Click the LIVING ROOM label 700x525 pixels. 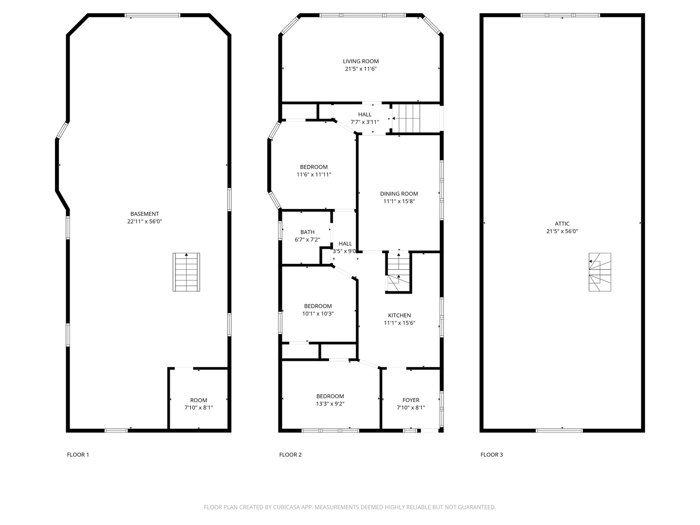361,61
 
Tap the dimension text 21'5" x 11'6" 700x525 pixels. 361,69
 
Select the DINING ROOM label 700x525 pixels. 399,193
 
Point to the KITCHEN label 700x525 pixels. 399,315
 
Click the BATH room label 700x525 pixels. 307,232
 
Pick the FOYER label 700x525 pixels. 411,400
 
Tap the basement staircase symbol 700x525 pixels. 187,272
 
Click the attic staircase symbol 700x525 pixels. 600,272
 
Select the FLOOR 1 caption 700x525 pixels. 78,455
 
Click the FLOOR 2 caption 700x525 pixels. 290,455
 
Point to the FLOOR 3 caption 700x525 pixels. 491,455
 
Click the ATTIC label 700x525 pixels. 562,224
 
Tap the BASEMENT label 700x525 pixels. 144,214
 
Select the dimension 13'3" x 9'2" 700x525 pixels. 330,403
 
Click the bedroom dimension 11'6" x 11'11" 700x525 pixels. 314,175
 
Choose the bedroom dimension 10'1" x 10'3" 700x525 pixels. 318,314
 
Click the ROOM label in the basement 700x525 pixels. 198,400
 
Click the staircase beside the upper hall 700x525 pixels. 405,118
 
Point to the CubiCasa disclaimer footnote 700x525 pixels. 350,507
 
